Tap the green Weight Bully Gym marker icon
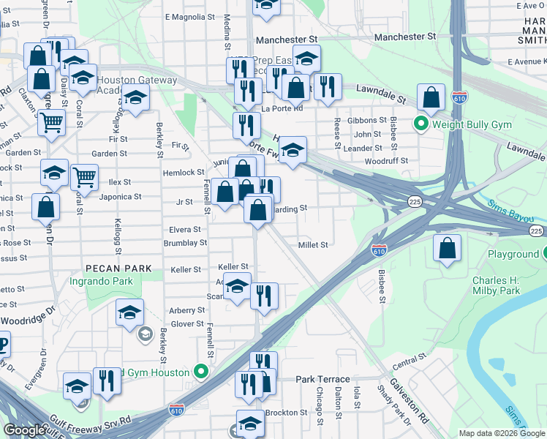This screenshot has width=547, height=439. click(x=420, y=124)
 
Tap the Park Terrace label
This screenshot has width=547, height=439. click(x=322, y=380)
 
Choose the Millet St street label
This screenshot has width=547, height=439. click(x=313, y=245)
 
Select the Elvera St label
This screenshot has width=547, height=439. click(x=186, y=230)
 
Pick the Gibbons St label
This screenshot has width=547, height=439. click(x=367, y=120)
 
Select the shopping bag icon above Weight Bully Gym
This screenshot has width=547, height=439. click(x=431, y=97)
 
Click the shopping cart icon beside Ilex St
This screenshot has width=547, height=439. click(x=85, y=177)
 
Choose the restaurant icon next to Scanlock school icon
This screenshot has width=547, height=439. click(x=263, y=296)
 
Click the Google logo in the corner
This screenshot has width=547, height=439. click(x=23, y=430)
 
